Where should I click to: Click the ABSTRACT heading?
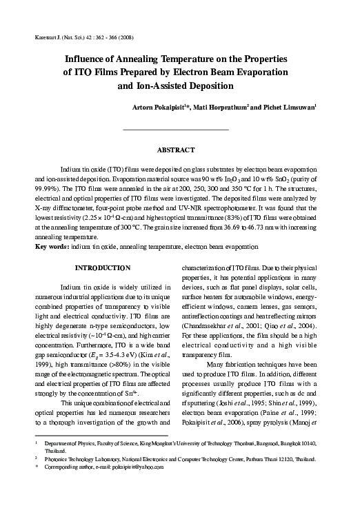[x=179, y=149]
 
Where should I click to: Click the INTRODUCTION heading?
[x=102, y=267]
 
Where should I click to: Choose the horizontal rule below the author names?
[x=175, y=129]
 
